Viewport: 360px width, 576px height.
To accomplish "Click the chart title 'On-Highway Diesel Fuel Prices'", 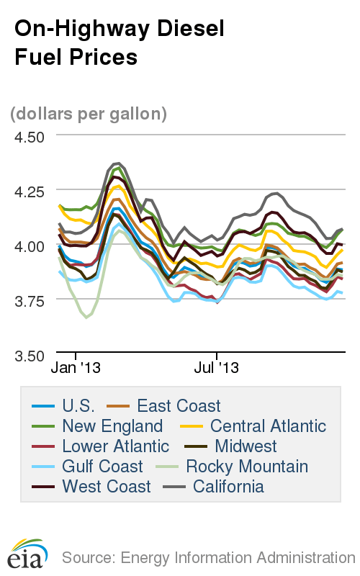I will [x=120, y=42].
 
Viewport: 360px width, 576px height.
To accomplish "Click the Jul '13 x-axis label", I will [x=217, y=368].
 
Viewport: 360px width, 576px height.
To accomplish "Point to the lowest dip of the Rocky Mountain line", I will [x=86, y=317].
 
